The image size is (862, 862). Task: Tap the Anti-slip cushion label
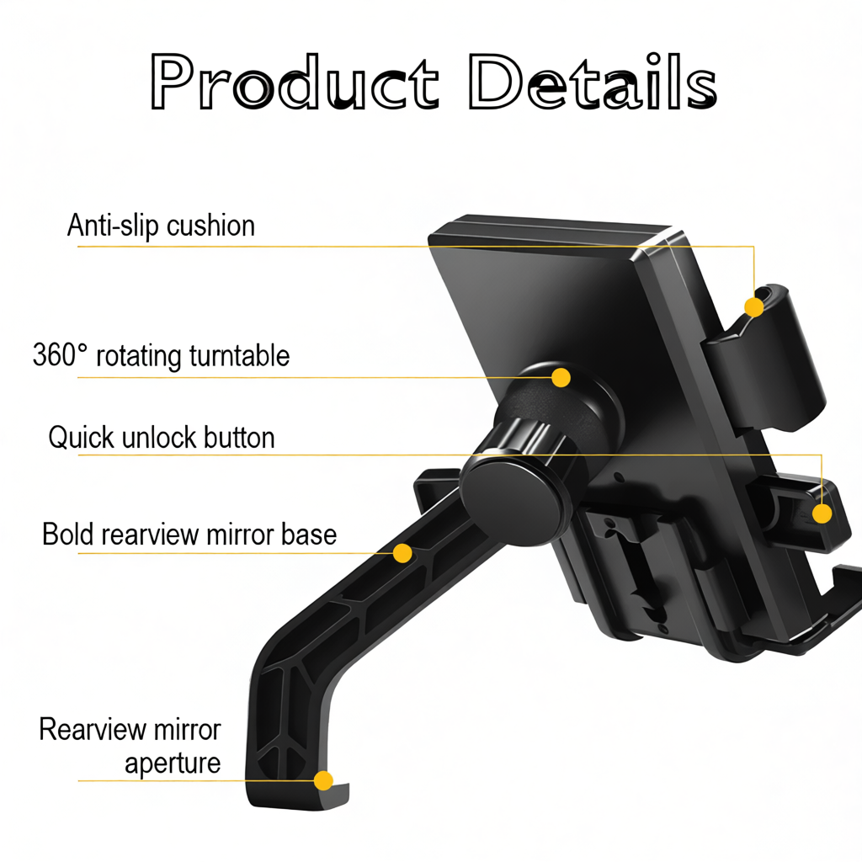pos(161,226)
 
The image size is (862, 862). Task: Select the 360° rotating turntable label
pos(161,355)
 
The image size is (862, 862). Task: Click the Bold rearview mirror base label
pos(189,534)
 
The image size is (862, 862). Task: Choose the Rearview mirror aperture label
pos(130,746)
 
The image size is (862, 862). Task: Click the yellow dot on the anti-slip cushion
pos(754,308)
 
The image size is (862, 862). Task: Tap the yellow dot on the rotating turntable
pos(561,377)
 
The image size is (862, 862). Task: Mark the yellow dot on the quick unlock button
pos(822,513)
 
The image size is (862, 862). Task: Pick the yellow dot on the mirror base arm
pos(402,553)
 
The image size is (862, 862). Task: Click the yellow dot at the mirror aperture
pos(323,780)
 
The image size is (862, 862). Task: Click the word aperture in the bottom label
pos(173,764)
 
